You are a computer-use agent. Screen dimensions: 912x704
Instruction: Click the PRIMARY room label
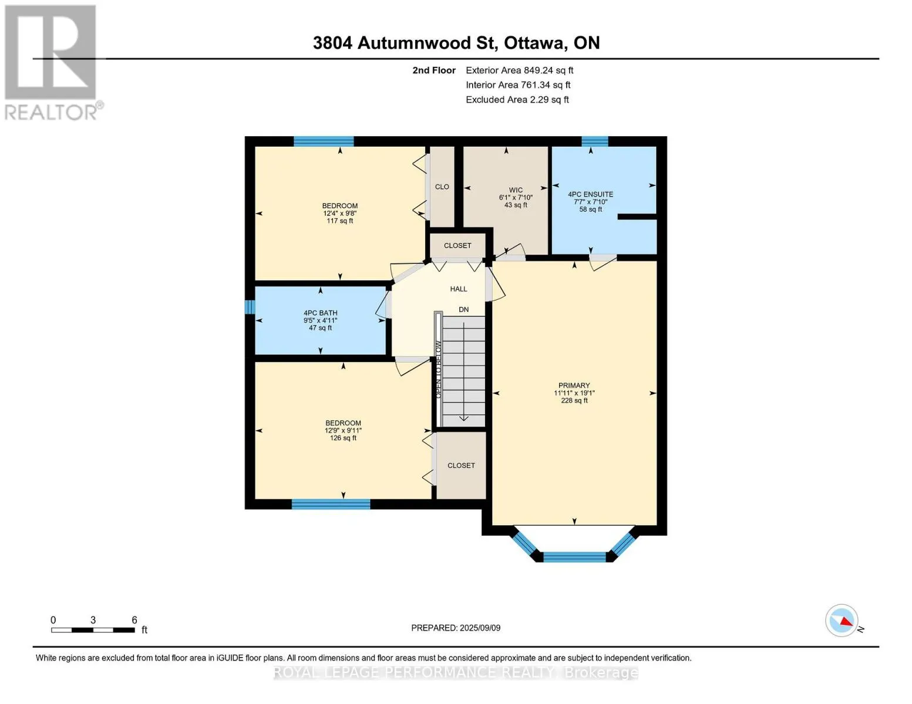(574, 385)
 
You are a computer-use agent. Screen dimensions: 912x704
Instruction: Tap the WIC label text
(516, 190)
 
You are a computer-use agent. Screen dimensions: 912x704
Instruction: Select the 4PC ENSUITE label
(591, 194)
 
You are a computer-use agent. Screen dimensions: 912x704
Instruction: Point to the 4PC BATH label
(320, 313)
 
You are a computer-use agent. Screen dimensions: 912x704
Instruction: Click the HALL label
(458, 289)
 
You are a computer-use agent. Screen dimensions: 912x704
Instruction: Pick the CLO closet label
(442, 187)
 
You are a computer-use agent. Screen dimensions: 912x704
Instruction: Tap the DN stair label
(463, 309)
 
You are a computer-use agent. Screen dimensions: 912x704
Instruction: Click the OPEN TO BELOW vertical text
(438, 369)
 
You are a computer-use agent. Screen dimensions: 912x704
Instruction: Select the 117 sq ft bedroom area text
(339, 221)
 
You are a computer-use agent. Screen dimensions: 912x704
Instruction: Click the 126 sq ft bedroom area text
(343, 438)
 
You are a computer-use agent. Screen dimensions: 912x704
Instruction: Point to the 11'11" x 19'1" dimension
(574, 393)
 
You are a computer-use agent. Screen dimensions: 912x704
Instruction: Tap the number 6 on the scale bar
(134, 620)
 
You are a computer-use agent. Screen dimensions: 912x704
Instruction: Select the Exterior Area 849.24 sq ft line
(519, 70)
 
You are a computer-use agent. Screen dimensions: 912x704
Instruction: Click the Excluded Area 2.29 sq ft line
(517, 100)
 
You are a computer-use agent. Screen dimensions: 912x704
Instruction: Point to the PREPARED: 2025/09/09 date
(456, 628)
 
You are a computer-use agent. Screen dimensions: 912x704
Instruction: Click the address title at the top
(456, 43)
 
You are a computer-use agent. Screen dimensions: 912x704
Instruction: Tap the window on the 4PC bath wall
(250, 307)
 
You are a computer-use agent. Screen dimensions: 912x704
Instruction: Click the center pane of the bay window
(574, 557)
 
